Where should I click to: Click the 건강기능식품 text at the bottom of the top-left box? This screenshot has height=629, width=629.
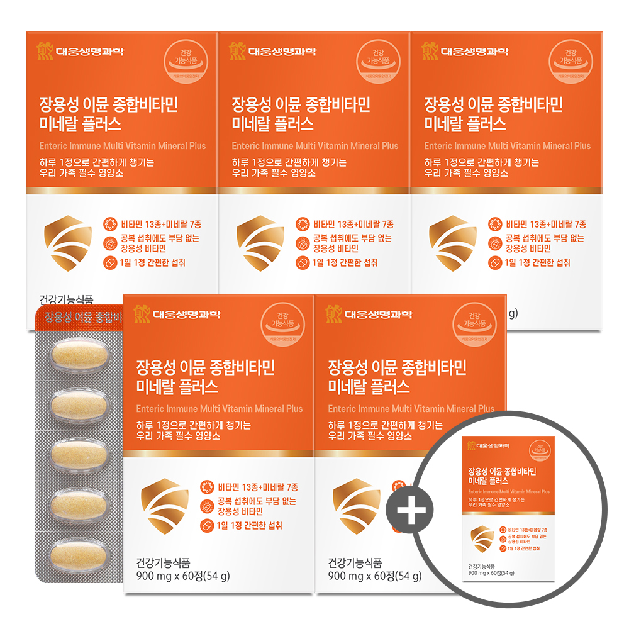[65, 301]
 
